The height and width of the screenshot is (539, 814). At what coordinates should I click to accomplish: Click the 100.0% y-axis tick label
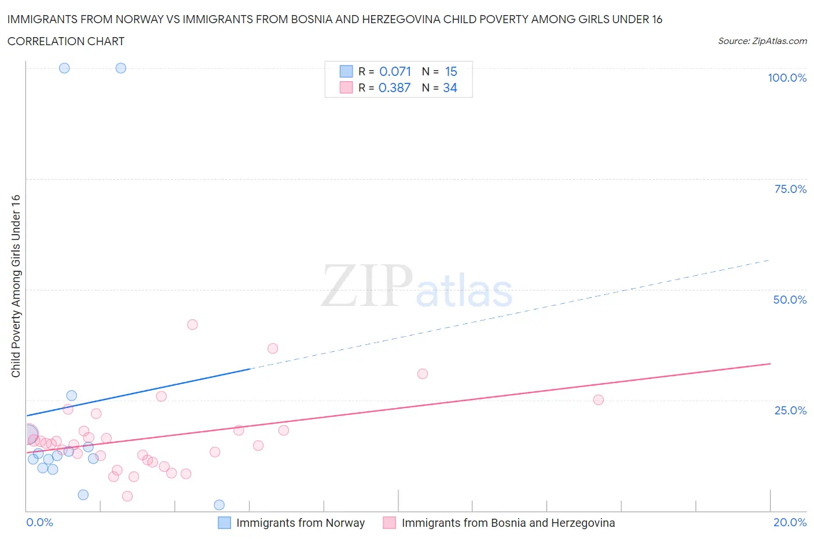(x=787, y=78)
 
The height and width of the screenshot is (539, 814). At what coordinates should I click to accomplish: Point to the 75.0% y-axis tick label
(x=790, y=189)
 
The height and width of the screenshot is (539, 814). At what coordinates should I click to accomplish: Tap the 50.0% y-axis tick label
(x=790, y=300)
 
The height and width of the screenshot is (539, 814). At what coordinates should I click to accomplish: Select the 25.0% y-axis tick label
(x=790, y=410)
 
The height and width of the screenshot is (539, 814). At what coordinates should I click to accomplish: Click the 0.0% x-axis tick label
(x=39, y=522)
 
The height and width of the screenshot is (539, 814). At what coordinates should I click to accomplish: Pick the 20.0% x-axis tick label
(x=790, y=522)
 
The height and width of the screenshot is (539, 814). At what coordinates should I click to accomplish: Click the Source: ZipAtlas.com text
(x=762, y=41)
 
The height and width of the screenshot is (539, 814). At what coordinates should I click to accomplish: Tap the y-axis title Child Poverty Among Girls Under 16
(x=16, y=286)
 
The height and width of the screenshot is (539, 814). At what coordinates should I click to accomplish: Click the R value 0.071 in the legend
(x=395, y=71)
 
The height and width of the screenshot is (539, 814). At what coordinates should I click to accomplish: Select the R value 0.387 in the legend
(x=394, y=88)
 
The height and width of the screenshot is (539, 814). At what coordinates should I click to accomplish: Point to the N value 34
(x=450, y=88)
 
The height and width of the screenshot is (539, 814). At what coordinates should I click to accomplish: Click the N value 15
(x=451, y=71)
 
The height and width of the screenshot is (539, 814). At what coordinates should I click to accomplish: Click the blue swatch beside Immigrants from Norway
(x=224, y=523)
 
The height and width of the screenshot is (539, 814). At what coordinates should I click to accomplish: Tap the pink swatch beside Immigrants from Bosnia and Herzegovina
(x=390, y=523)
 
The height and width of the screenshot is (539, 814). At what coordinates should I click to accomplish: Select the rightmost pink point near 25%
(x=599, y=400)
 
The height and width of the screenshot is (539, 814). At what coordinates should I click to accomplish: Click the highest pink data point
(x=192, y=325)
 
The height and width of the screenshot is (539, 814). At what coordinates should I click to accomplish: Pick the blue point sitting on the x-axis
(x=219, y=505)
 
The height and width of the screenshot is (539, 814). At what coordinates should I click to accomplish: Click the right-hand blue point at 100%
(x=120, y=68)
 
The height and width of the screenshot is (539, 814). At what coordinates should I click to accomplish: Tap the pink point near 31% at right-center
(x=423, y=374)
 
